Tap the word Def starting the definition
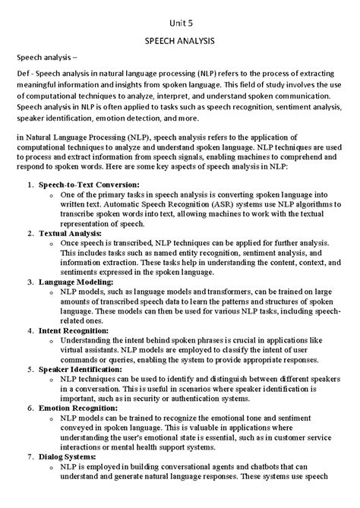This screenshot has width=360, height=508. (25, 73)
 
